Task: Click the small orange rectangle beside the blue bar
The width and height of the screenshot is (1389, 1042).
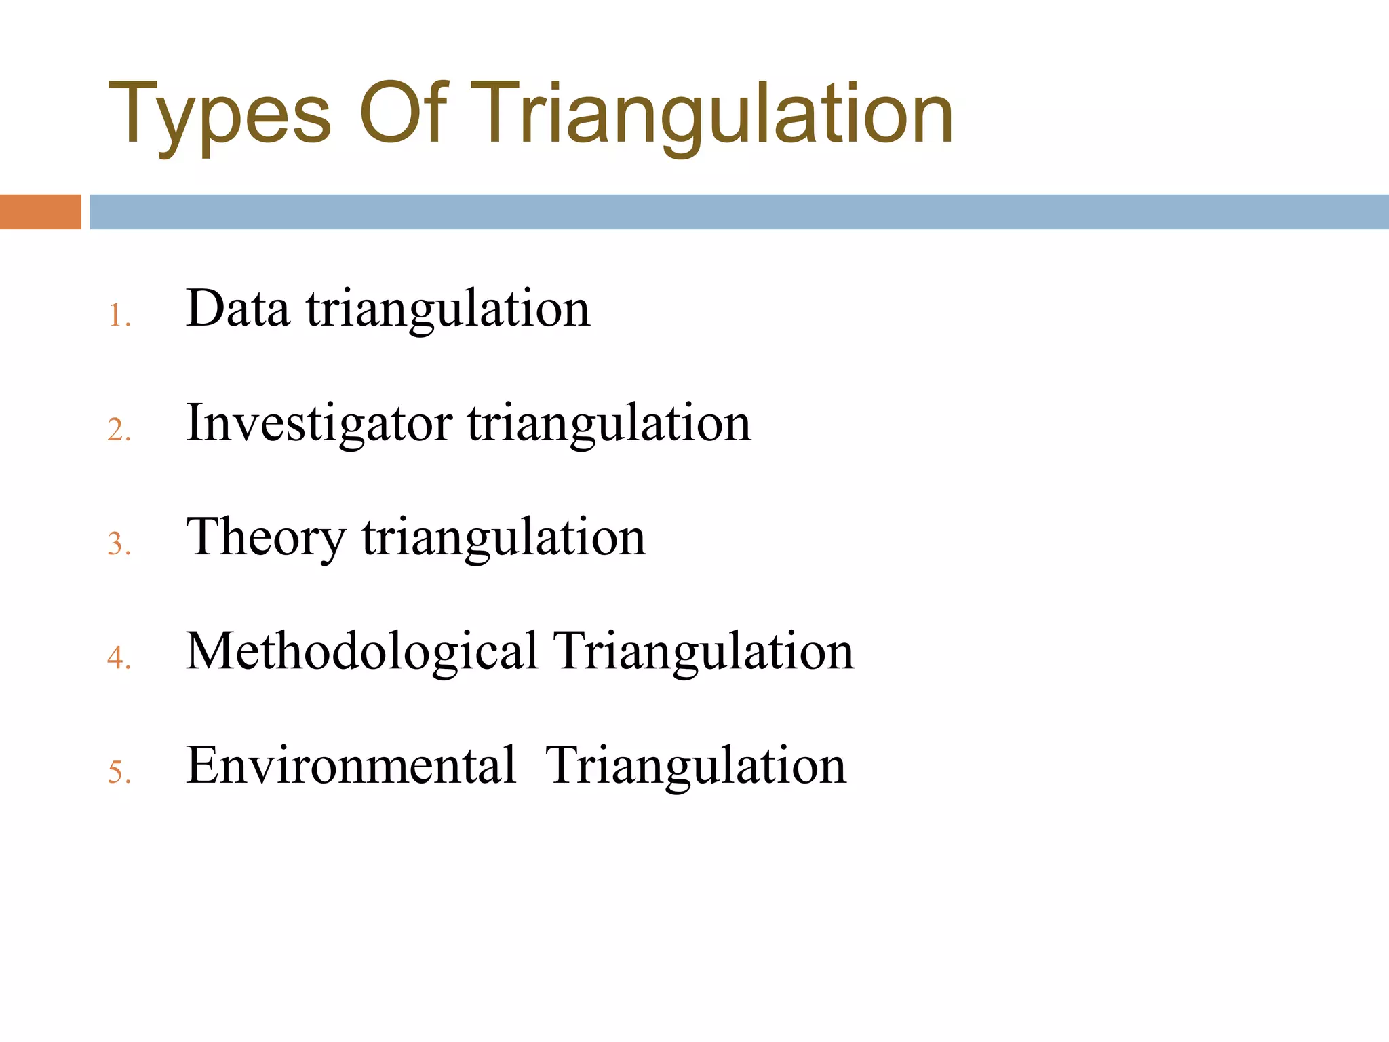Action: point(40,212)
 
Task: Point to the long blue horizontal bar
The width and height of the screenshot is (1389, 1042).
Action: point(739,212)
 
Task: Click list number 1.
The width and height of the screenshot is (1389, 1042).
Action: point(119,316)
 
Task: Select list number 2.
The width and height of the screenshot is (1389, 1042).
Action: point(119,430)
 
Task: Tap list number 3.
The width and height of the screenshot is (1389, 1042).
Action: point(119,544)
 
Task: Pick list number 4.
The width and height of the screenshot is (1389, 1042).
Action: point(119,658)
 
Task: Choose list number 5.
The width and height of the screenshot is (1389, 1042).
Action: point(119,772)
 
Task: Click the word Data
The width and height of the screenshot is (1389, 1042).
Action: point(237,309)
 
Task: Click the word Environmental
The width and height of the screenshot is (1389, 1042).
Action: point(351,765)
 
